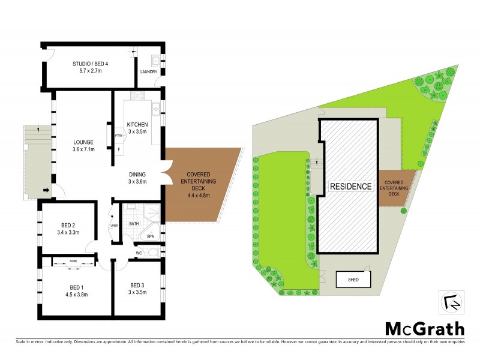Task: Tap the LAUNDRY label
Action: [x=148, y=72]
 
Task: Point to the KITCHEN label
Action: [x=137, y=125]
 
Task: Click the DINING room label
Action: [x=137, y=174]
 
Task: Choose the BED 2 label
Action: [x=68, y=226]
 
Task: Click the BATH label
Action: [x=134, y=224]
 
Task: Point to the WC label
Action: [x=139, y=253]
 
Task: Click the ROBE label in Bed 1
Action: [x=73, y=261]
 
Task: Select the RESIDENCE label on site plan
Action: [x=351, y=186]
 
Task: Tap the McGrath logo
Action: [x=424, y=328]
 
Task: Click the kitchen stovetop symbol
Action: [x=136, y=95]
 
